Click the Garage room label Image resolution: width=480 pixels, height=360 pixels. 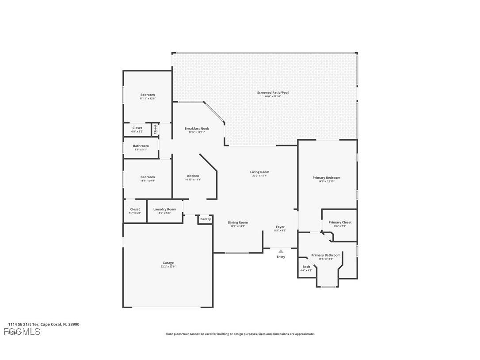[x=168, y=263]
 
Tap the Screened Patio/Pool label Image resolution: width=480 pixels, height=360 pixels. [x=273, y=92]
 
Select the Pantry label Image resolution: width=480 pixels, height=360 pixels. [x=205, y=219]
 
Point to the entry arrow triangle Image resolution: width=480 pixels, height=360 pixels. [x=281, y=251]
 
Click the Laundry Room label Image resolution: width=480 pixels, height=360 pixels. [x=164, y=209]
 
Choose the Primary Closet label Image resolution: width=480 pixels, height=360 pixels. [x=340, y=222]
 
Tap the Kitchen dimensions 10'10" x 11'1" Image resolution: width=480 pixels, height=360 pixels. [x=193, y=180]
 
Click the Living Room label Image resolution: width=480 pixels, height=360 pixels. [x=259, y=172]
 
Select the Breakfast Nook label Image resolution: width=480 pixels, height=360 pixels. [x=196, y=129]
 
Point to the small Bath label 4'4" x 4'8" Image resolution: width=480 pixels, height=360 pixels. [x=306, y=267]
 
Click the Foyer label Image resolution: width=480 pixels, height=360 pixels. [x=280, y=227]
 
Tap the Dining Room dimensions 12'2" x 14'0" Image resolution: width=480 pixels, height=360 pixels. [x=238, y=226]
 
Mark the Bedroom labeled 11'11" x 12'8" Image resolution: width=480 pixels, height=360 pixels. [x=148, y=95]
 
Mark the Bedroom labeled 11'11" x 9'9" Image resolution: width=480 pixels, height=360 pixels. [x=148, y=177]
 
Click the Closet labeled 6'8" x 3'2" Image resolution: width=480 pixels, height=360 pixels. [x=137, y=128]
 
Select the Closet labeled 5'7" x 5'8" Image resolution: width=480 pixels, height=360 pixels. [x=135, y=209]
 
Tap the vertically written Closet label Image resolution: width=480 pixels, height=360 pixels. [x=155, y=129]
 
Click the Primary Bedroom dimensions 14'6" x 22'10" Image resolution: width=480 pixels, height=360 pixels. [x=326, y=181]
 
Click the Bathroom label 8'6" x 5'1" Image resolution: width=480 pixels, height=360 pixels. [x=141, y=146]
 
